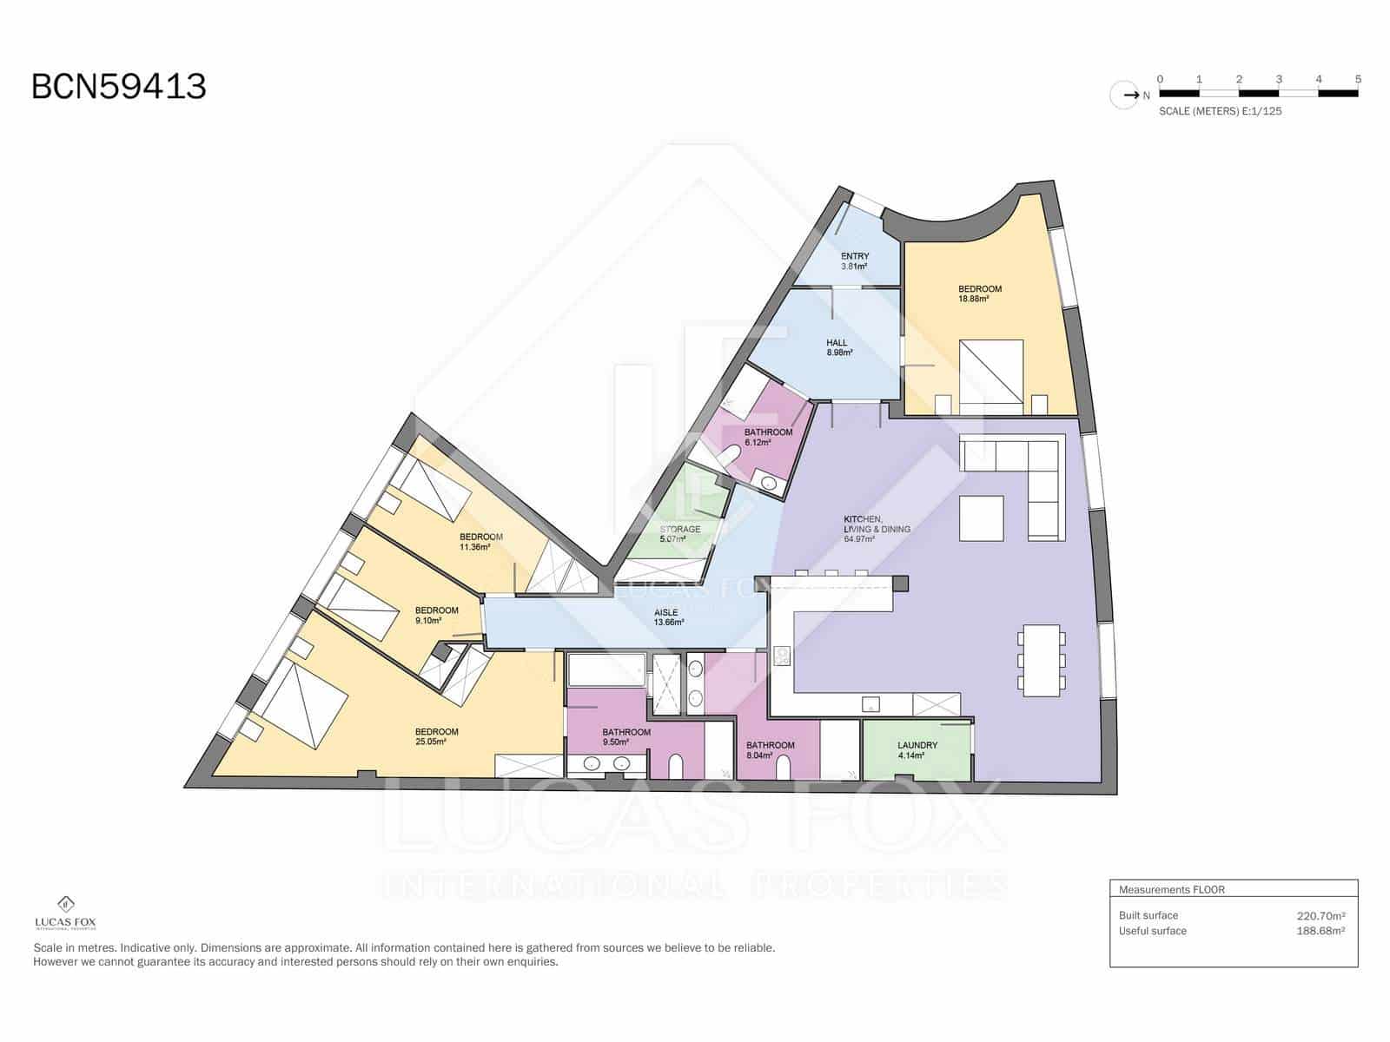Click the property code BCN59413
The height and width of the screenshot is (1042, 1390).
tap(119, 87)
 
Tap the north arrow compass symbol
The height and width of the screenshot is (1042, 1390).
tap(1125, 95)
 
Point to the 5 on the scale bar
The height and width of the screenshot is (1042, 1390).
tap(1358, 79)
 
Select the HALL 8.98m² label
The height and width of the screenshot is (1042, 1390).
tap(838, 347)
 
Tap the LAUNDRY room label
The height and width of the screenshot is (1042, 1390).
tap(917, 749)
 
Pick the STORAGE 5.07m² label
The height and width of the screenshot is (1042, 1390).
tap(679, 533)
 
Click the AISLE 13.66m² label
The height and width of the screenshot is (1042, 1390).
tap(668, 617)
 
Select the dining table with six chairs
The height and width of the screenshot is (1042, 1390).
tap(1040, 660)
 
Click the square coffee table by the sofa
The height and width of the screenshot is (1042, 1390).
tap(982, 518)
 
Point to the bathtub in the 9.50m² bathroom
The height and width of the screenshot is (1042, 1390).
tap(606, 670)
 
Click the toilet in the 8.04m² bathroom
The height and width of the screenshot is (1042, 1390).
tap(783, 766)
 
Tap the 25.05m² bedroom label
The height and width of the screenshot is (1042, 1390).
tap(436, 736)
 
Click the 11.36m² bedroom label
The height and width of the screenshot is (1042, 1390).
tap(480, 542)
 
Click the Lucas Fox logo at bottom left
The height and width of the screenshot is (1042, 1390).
tap(65, 913)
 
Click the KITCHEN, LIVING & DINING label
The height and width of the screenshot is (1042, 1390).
tap(877, 529)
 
